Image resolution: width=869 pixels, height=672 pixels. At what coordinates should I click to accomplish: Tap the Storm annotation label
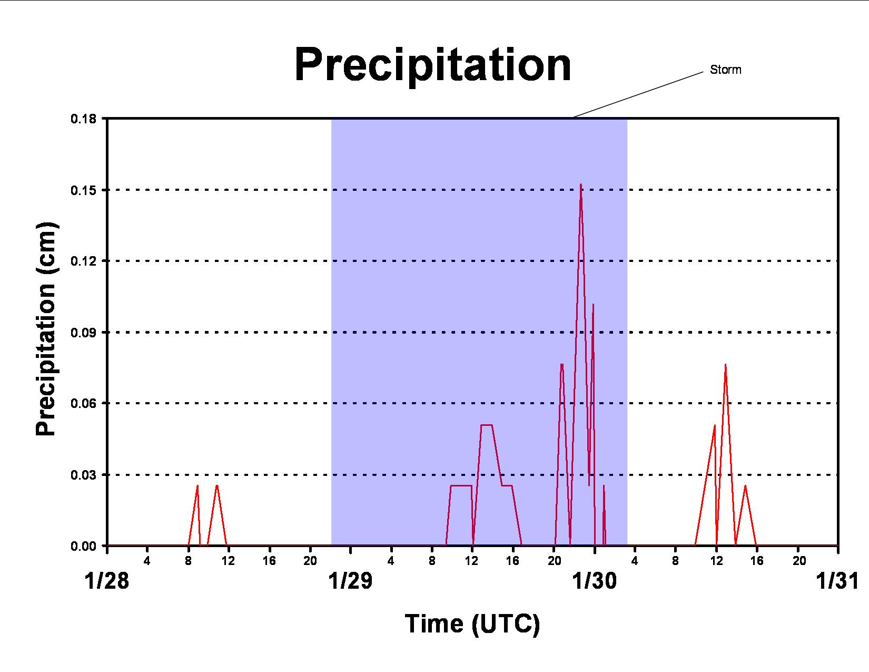tap(725, 70)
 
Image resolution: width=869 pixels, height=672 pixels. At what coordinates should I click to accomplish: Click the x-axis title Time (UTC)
tap(472, 624)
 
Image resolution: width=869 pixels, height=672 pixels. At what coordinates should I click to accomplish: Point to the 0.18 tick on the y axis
tap(84, 119)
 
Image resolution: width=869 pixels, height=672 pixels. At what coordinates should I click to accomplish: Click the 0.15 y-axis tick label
tap(84, 190)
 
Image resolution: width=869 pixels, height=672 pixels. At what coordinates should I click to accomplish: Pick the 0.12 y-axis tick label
tap(84, 261)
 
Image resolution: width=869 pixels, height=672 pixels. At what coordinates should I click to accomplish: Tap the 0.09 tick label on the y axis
tap(84, 333)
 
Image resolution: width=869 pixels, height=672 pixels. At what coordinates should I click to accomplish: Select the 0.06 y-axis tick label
tap(84, 403)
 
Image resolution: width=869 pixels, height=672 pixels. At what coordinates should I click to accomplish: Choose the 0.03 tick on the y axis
tap(84, 475)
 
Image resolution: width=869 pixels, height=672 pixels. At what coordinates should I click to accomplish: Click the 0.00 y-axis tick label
tap(84, 547)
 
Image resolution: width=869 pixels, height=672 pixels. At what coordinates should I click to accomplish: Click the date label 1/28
tap(107, 581)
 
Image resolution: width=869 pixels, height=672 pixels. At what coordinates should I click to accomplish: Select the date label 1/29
tap(350, 581)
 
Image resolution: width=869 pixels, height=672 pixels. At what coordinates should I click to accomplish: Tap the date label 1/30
tap(595, 581)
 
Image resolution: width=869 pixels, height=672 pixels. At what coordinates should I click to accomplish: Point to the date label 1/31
tap(838, 581)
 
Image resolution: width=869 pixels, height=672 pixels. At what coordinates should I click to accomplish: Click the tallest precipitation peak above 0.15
tap(581, 184)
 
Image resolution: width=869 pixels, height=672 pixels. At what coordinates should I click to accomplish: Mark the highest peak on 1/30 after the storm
tap(725, 365)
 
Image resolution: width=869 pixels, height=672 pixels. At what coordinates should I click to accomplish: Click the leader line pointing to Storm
tap(638, 95)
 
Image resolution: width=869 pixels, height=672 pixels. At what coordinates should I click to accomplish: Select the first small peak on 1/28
tap(197, 486)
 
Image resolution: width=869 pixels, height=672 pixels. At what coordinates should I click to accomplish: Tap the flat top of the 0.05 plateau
tap(487, 425)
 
